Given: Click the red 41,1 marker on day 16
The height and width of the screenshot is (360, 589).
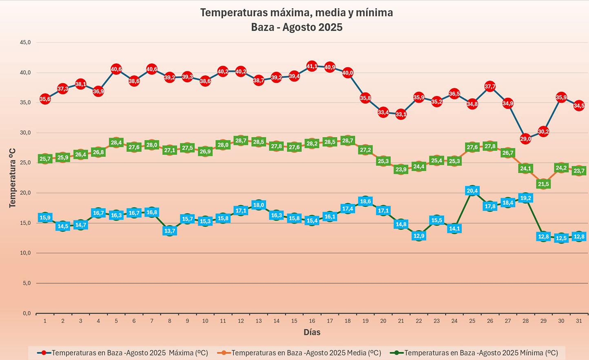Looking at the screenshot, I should pos(312,66).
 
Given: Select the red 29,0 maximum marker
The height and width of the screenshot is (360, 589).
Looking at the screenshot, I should pos(525,139).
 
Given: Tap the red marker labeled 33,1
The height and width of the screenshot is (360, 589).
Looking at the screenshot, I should pos(401,114).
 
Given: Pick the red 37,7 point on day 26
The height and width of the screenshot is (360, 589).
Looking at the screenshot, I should pos(490,86).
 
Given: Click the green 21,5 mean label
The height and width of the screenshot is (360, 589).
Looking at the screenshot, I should pos(543,184).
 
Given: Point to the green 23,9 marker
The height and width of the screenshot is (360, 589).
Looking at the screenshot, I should pos(401,170).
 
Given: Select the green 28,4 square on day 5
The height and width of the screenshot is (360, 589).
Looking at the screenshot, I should pos(116,143).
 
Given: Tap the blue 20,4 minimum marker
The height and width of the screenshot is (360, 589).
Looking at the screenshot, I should pos(472,191).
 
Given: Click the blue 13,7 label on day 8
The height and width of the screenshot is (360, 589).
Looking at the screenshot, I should pos(170,231).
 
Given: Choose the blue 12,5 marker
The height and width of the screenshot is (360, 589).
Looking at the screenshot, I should pos(561,238).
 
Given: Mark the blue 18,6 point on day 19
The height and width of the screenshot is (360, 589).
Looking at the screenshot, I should pos(365,201).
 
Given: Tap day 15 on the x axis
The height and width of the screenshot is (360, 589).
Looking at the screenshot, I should pos(294,321).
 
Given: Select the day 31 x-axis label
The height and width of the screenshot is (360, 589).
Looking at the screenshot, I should pos(579,321).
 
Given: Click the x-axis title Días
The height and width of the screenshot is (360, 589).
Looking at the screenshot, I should pos(312,332).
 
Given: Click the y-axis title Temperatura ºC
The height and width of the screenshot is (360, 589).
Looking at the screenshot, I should pos(12,178).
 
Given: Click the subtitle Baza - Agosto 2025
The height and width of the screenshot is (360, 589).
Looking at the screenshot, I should pos(297,27).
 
